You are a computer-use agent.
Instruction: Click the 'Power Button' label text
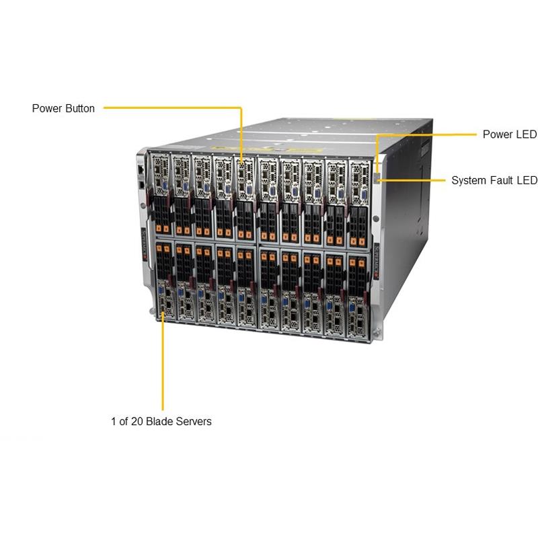click(x=63, y=108)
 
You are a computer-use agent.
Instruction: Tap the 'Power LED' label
click(x=509, y=134)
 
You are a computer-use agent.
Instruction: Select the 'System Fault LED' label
click(x=494, y=180)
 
